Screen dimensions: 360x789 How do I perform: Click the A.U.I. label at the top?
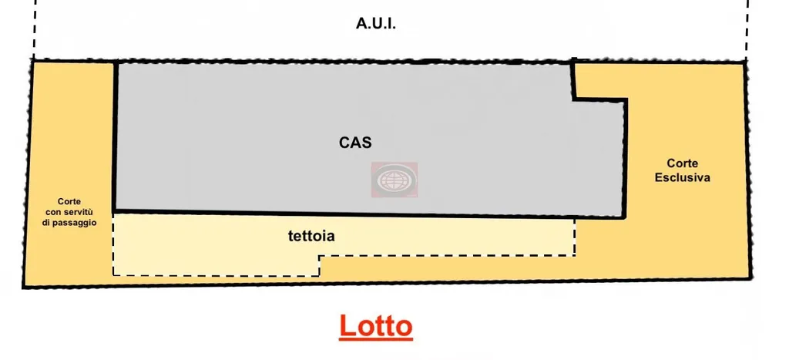point(376,24)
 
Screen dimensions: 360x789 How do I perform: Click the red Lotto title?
point(376,326)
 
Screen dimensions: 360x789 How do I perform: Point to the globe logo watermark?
point(394,180)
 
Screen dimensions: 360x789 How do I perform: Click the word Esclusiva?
point(682,177)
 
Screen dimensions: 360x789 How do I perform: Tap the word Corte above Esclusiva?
point(682,163)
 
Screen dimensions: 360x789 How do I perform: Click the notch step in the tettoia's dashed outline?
point(320,257)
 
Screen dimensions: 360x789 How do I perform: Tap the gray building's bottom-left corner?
point(114,210)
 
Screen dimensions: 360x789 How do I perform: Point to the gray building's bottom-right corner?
point(626,217)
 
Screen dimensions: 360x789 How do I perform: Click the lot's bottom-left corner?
point(23,287)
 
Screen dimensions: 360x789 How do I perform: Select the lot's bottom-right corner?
point(750,278)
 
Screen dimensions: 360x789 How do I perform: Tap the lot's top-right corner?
point(746,62)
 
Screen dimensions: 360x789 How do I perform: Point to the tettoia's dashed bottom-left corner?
point(114,274)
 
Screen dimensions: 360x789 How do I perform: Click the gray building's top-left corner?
point(115,62)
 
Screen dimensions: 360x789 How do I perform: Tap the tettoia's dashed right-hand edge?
point(575,237)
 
